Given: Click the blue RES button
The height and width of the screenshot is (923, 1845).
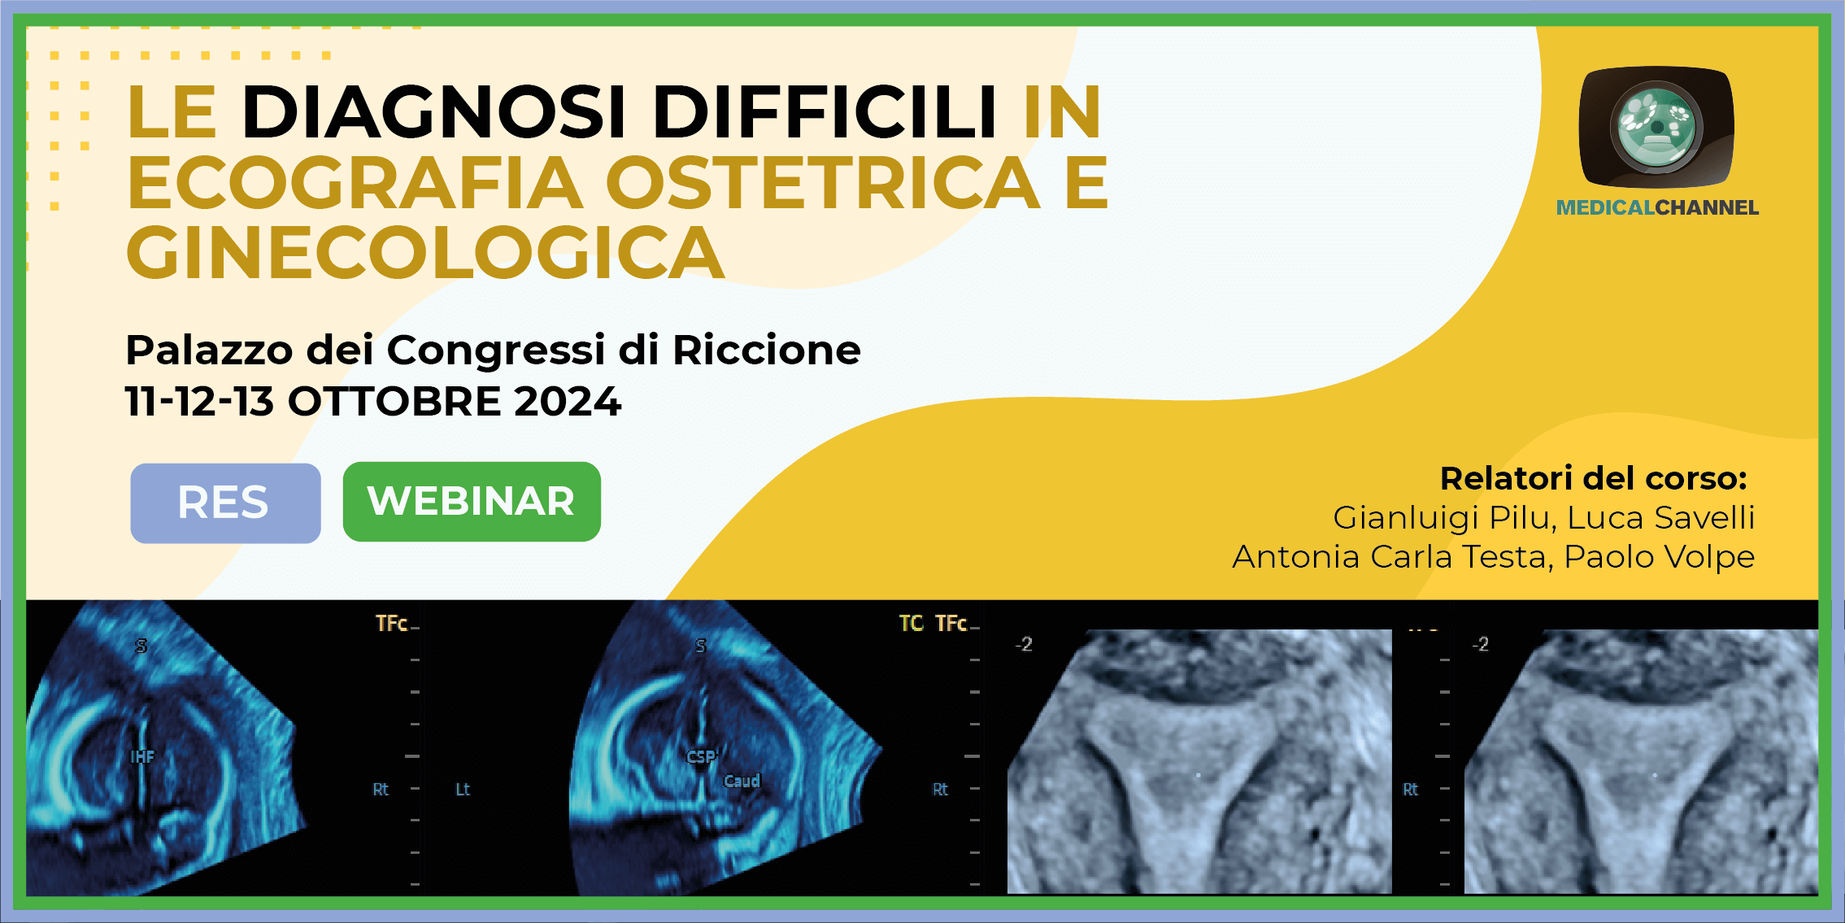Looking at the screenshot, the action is click(225, 503).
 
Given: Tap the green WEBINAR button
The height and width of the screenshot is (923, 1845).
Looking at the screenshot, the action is click(472, 501).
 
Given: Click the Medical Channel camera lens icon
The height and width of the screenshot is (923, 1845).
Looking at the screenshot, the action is click(1656, 128).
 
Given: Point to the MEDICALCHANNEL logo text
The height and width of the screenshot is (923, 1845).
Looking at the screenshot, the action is click(1657, 208).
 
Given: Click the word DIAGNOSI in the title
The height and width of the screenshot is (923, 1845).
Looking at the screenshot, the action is click(433, 111).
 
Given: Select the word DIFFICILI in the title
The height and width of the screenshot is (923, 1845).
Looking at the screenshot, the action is click(825, 111).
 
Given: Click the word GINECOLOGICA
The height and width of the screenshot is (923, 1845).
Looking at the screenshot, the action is click(425, 253).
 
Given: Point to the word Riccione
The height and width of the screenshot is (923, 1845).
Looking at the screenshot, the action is click(767, 350).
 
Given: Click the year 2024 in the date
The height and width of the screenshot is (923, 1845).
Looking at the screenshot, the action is click(568, 402).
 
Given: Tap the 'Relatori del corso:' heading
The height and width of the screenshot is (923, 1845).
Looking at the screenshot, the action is click(1594, 478).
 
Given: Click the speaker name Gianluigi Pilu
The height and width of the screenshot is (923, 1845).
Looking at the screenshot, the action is click(1444, 518).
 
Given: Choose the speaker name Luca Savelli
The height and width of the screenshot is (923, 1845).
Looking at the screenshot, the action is click(1661, 518).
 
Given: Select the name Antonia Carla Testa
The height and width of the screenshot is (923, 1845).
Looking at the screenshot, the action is click(1393, 557).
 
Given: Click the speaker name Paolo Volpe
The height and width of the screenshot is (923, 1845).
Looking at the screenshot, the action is click(1660, 557).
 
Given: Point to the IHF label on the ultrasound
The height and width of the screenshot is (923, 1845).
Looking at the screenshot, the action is click(142, 757).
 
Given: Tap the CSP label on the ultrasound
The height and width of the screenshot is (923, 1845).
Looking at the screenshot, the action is click(701, 757).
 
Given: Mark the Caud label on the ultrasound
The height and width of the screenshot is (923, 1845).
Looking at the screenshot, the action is click(742, 781).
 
